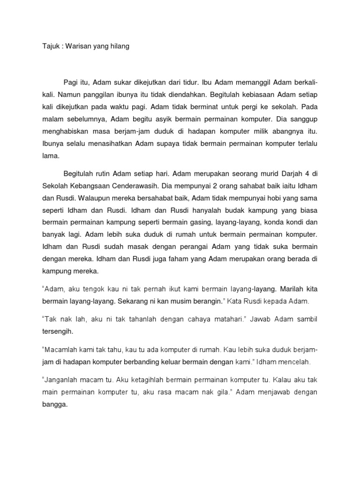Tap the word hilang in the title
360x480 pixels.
point(118,47)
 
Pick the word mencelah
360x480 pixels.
point(292,362)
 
